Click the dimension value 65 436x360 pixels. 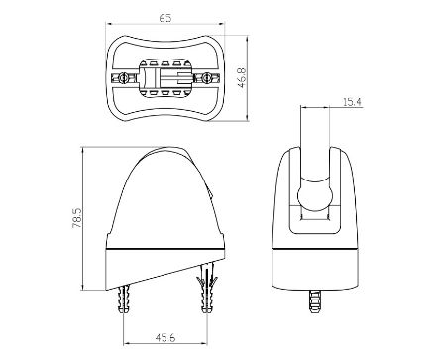pos(165,18)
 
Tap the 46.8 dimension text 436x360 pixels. pos(242,78)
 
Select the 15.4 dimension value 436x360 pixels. pos(352,102)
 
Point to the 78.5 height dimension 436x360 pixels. pos(76,217)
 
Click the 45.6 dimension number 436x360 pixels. pos(165,337)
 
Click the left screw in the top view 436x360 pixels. pos(124,78)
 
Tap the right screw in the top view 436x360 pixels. pos(206,78)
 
